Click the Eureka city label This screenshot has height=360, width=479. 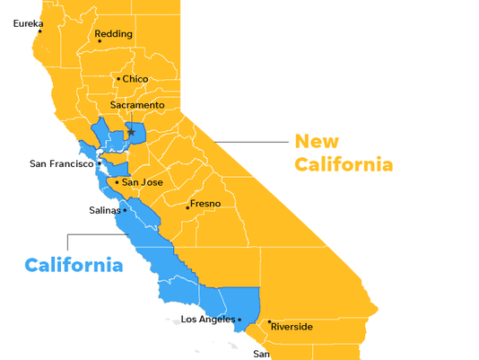pyautogui.click(x=28, y=23)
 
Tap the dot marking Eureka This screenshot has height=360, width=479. pyautogui.click(x=40, y=32)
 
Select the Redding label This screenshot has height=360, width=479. pyautogui.click(x=114, y=34)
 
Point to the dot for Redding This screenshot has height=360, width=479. pyautogui.click(x=100, y=40)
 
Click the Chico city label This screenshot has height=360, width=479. pyautogui.click(x=135, y=79)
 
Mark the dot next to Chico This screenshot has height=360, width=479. pyautogui.click(x=118, y=79)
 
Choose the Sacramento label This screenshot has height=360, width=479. pyautogui.click(x=137, y=105)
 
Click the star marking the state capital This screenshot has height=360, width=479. pyautogui.click(x=131, y=132)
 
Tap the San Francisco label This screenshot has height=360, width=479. pyautogui.click(x=61, y=163)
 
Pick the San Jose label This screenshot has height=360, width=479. pyautogui.click(x=142, y=182)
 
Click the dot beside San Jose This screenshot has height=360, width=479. pyautogui.click(x=117, y=182)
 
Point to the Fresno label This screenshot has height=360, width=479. pyautogui.click(x=205, y=204)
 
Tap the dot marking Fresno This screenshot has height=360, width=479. pyautogui.click(x=187, y=207)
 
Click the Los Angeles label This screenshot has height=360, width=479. pyautogui.click(x=208, y=319)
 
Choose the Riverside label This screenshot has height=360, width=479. pyautogui.click(x=292, y=327)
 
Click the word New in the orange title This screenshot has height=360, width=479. pyautogui.click(x=318, y=141)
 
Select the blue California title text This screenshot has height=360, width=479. pyautogui.click(x=74, y=265)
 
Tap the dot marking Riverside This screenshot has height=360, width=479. pyautogui.click(x=269, y=321)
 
